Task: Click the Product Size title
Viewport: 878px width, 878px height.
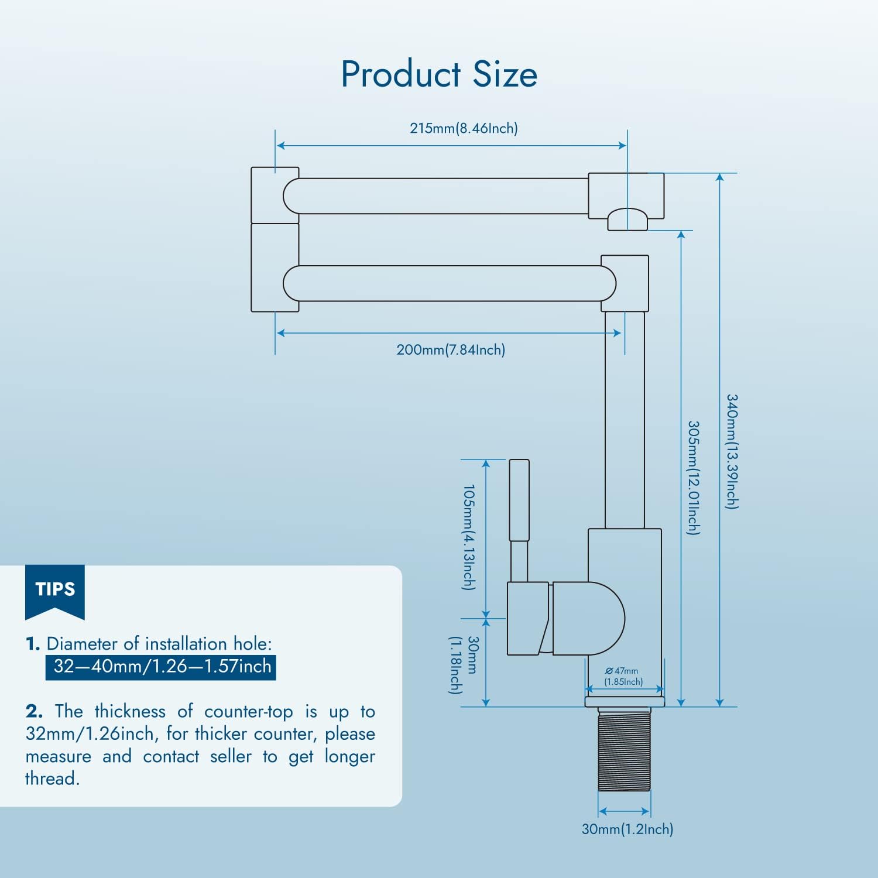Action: coord(439,74)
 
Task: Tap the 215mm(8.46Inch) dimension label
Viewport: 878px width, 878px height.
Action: coord(464,128)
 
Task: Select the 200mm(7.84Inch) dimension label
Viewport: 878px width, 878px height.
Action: coord(451,350)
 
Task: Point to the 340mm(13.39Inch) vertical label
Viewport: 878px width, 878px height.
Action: coord(732,451)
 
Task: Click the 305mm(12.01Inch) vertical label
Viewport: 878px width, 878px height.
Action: coord(693,478)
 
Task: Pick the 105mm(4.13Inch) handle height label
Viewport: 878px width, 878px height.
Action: coord(469,537)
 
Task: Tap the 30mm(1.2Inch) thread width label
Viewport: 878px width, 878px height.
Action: coord(627,829)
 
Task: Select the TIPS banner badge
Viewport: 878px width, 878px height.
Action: coord(55,589)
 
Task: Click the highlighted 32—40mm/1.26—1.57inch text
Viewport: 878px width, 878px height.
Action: coord(161,667)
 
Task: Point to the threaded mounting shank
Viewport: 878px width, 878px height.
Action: coord(624,749)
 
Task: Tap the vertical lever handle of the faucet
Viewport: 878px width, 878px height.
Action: coord(519,500)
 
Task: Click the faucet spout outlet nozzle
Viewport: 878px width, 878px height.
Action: coord(627,220)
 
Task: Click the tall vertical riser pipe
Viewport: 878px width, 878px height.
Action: coord(625,419)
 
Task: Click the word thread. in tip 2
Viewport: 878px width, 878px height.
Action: coord(52,778)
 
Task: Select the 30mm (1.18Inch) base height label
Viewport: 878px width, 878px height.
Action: coord(464,665)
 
